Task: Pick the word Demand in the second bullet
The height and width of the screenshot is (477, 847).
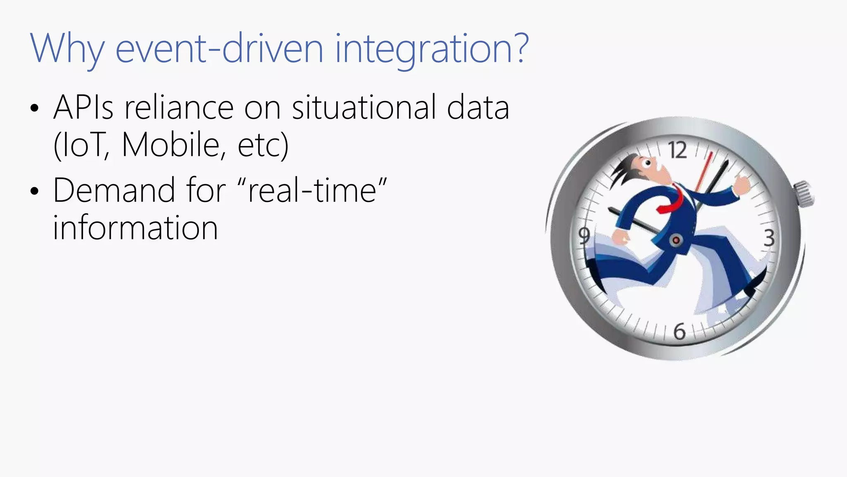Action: [x=114, y=190]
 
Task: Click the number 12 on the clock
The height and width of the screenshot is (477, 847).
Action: [x=678, y=150]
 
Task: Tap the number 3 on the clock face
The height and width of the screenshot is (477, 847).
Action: [x=769, y=238]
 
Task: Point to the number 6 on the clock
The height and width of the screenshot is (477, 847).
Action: [x=680, y=332]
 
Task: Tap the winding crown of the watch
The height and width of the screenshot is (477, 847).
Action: [x=803, y=194]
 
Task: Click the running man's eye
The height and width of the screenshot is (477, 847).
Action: [x=648, y=163]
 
